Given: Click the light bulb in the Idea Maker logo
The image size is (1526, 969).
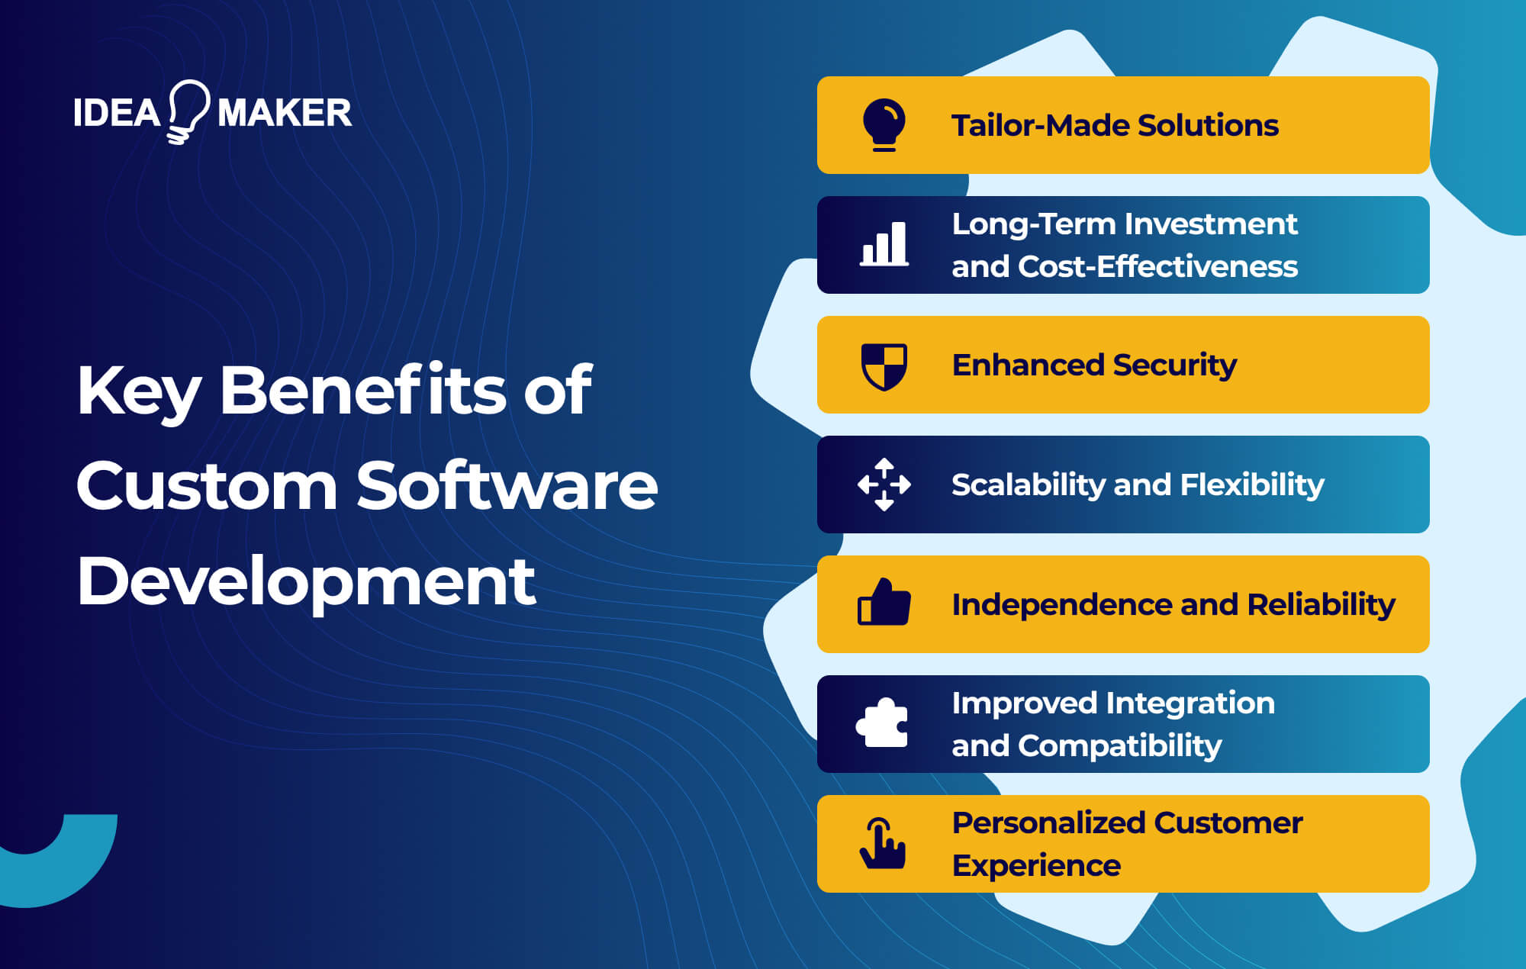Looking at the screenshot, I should [x=187, y=111].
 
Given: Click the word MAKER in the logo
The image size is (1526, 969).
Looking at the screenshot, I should [x=285, y=113].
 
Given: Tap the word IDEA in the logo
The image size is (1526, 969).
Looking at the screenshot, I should [x=117, y=113].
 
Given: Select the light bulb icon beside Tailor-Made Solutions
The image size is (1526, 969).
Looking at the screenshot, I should [x=884, y=124].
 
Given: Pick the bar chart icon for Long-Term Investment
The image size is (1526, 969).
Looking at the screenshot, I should [x=884, y=244].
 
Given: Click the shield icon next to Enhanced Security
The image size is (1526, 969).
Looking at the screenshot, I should [x=884, y=365].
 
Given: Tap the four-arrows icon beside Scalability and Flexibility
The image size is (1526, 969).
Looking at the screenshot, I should [x=884, y=484].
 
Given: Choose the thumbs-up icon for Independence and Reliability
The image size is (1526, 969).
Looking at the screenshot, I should [x=884, y=604].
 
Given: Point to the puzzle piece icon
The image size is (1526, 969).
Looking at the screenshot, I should [x=883, y=723].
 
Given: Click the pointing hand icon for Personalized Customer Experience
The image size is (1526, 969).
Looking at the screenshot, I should [x=883, y=843].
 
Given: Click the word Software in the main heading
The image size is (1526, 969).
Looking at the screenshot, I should [x=507, y=486].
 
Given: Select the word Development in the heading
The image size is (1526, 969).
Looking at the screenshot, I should [x=306, y=581].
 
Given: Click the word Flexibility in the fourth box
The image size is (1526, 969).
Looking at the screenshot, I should [x=1252, y=485].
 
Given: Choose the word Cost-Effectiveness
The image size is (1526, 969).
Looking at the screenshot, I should [x=1157, y=267].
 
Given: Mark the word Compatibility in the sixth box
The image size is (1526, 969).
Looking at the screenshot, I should [x=1119, y=746].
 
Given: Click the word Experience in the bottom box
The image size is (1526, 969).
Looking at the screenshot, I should [x=1036, y=866].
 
